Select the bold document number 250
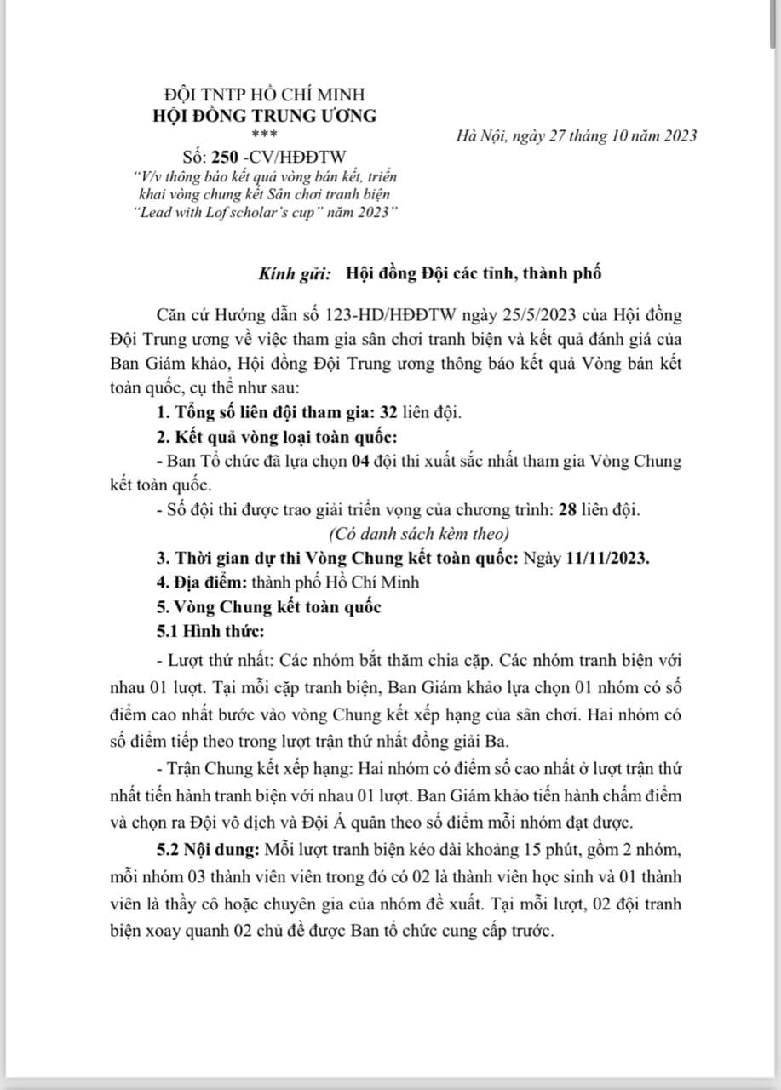coord(224,154)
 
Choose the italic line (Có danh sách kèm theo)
coord(418,535)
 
